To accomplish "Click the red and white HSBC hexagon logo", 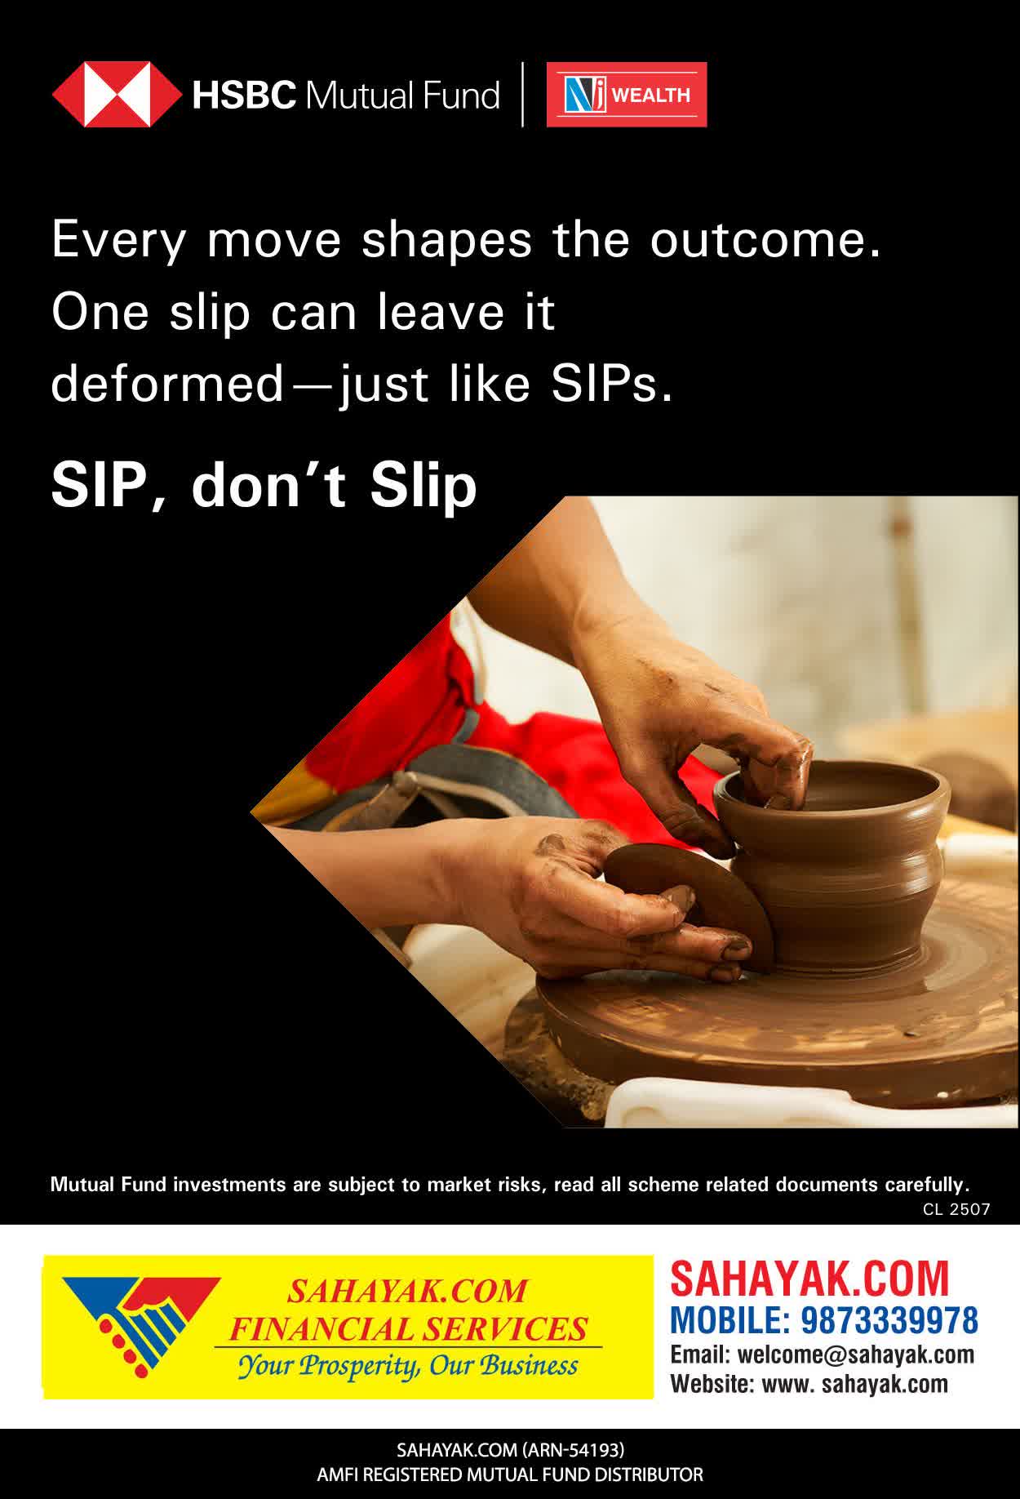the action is [117, 95].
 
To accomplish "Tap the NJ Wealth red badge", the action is [627, 95].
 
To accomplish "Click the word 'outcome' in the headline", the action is [766, 240].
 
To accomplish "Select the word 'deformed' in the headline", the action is [166, 384].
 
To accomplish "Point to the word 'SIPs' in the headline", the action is [612, 384].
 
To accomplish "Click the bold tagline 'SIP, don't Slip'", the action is [264, 485].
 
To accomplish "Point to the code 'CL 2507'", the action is [956, 1209].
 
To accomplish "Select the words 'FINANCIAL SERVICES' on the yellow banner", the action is [408, 1329].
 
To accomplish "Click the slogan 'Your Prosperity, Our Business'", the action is [408, 1365].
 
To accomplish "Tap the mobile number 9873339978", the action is [889, 1319].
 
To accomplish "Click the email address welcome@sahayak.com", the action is [856, 1354].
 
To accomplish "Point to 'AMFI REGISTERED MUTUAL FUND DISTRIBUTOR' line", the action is [510, 1475].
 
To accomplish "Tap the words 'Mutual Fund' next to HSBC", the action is [402, 96].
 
